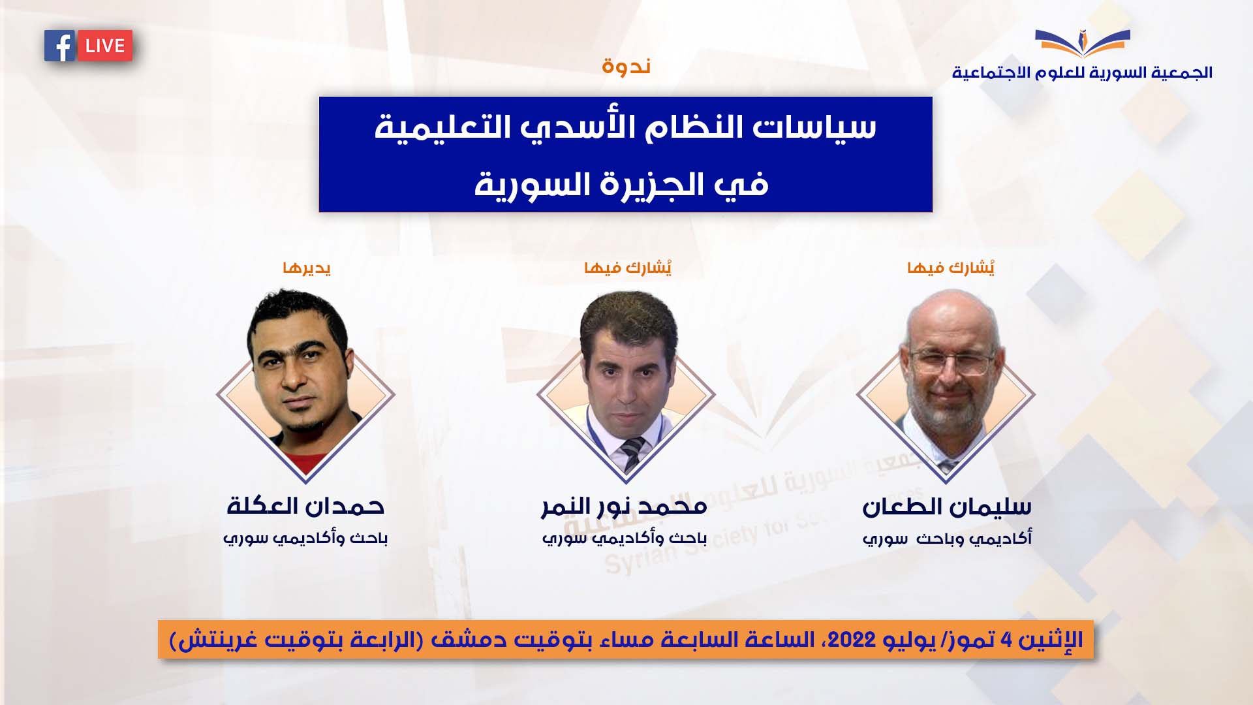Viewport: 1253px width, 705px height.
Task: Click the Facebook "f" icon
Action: point(60,46)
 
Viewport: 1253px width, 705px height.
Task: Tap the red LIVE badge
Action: point(105,46)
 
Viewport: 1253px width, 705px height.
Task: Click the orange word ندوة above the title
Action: point(626,66)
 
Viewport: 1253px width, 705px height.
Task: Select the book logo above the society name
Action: point(1082,44)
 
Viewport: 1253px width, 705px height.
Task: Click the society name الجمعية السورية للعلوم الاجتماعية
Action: point(1082,72)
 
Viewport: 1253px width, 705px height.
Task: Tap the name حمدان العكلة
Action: point(305,506)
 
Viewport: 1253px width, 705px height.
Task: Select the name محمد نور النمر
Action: point(625,507)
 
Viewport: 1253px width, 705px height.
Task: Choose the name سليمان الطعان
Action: point(947,507)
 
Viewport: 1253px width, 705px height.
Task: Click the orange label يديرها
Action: point(307,268)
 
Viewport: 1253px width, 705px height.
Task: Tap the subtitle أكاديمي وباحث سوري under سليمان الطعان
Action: point(947,539)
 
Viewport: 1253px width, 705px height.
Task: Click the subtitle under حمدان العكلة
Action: point(305,539)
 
